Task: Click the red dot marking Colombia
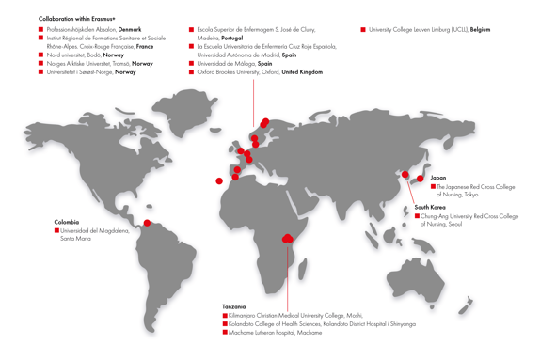147,223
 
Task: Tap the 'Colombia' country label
67,222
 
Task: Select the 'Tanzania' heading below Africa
234,306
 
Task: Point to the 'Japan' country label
438,178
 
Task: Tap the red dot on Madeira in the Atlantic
219,180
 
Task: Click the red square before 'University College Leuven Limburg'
363,30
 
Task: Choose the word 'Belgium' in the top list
480,30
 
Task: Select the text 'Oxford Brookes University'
229,71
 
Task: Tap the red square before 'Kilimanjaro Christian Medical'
226,315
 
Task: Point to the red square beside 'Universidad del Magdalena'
57,230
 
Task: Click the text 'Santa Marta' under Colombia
77,239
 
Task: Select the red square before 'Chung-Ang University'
418,216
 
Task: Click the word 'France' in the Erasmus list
145,46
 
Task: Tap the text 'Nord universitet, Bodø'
73,55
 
